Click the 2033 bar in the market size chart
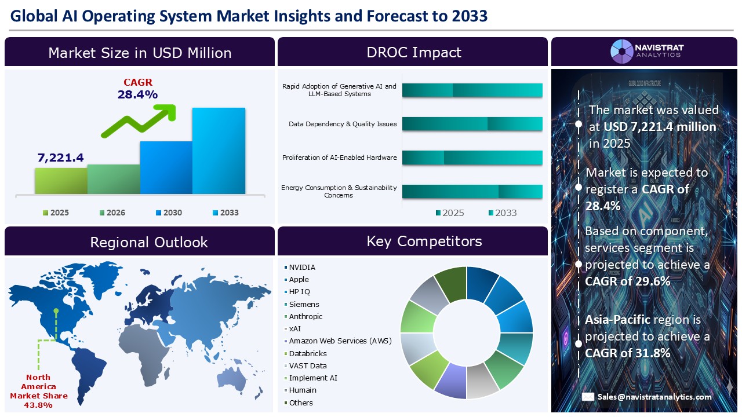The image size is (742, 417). [x=219, y=151]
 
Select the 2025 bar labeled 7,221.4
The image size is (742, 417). [x=61, y=181]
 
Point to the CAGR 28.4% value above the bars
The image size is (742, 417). [x=137, y=94]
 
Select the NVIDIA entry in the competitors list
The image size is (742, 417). [x=302, y=268]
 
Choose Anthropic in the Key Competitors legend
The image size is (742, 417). [x=305, y=317]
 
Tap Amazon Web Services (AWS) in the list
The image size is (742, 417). [x=340, y=341]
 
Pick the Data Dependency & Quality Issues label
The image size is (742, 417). [x=343, y=124]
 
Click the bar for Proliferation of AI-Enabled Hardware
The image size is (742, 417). [x=472, y=158]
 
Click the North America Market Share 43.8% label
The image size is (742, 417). [x=39, y=391]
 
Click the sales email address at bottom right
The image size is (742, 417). [x=654, y=397]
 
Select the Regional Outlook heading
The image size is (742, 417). [x=148, y=242]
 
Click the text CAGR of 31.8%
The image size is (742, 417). [x=627, y=353]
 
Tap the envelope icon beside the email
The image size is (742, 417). [x=588, y=397]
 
